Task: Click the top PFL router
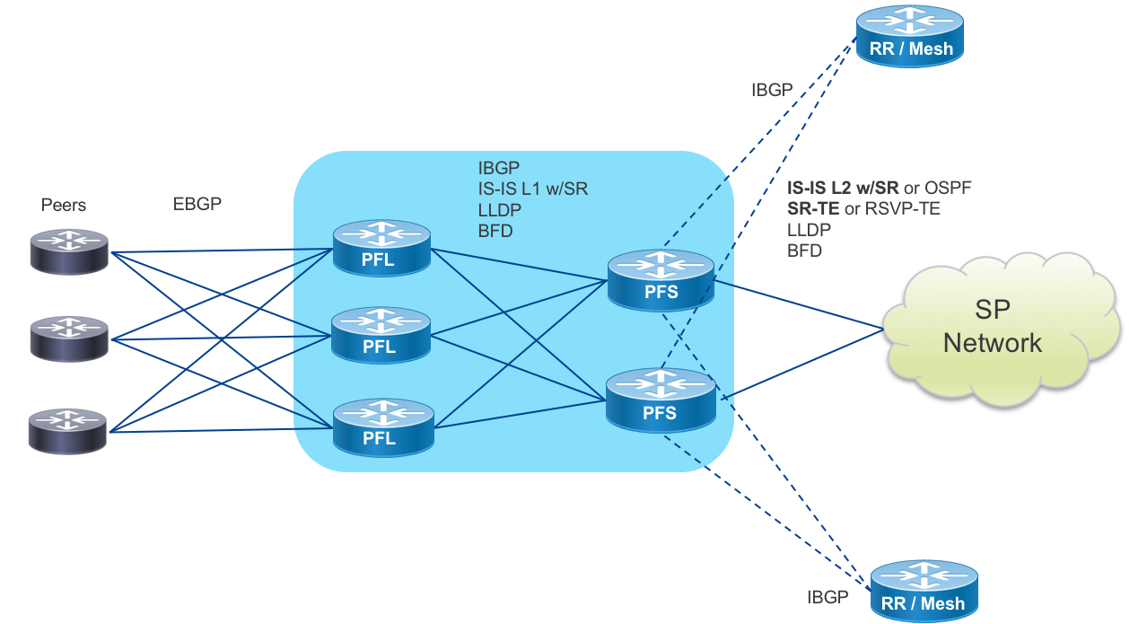coord(382,250)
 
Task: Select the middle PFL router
coord(382,334)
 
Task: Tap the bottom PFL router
coord(382,426)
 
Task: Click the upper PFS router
coord(661,279)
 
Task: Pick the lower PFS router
coord(661,401)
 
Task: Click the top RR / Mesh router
coord(910,36)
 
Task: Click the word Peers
coord(64,206)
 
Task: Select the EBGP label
coord(197,204)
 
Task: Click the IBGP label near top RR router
coord(772,90)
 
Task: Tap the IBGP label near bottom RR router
coord(827,598)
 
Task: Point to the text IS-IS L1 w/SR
coord(533,189)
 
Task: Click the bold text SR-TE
coord(812,209)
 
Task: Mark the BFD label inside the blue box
coord(495,230)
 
